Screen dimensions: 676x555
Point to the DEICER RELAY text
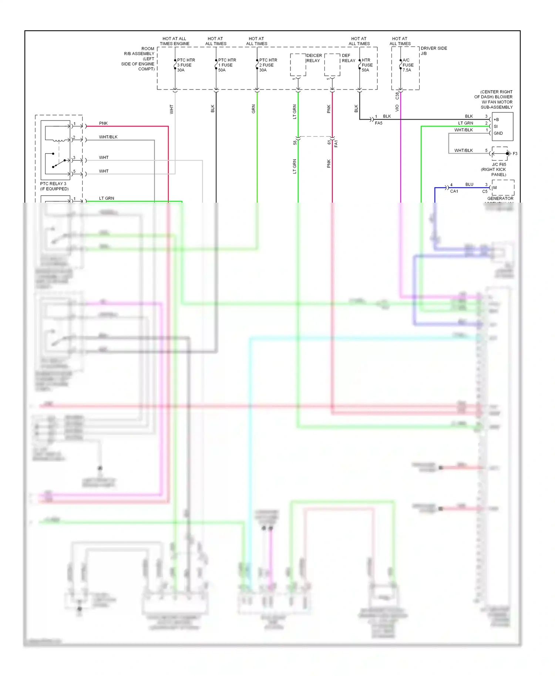tap(314, 58)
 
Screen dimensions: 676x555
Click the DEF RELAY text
tap(348, 58)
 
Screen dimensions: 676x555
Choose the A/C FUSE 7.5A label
tap(408, 65)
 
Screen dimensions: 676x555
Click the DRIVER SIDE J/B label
tap(433, 51)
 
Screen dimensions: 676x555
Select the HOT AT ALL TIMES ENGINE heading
tap(174, 41)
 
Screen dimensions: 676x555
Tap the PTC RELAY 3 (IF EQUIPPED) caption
tap(54, 186)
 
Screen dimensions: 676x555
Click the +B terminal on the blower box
tap(496, 119)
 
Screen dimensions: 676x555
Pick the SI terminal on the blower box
tap(496, 126)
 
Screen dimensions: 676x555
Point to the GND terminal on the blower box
tap(498, 133)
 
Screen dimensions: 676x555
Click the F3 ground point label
tap(515, 153)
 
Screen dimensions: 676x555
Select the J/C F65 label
tap(499, 165)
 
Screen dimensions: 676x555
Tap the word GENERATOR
tap(500, 199)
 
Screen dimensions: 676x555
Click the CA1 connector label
tap(454, 192)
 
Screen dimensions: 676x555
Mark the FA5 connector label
tap(379, 123)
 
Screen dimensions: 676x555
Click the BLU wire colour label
tap(469, 185)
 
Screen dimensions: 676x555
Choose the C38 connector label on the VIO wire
tap(397, 96)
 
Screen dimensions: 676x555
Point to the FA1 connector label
tap(336, 143)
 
